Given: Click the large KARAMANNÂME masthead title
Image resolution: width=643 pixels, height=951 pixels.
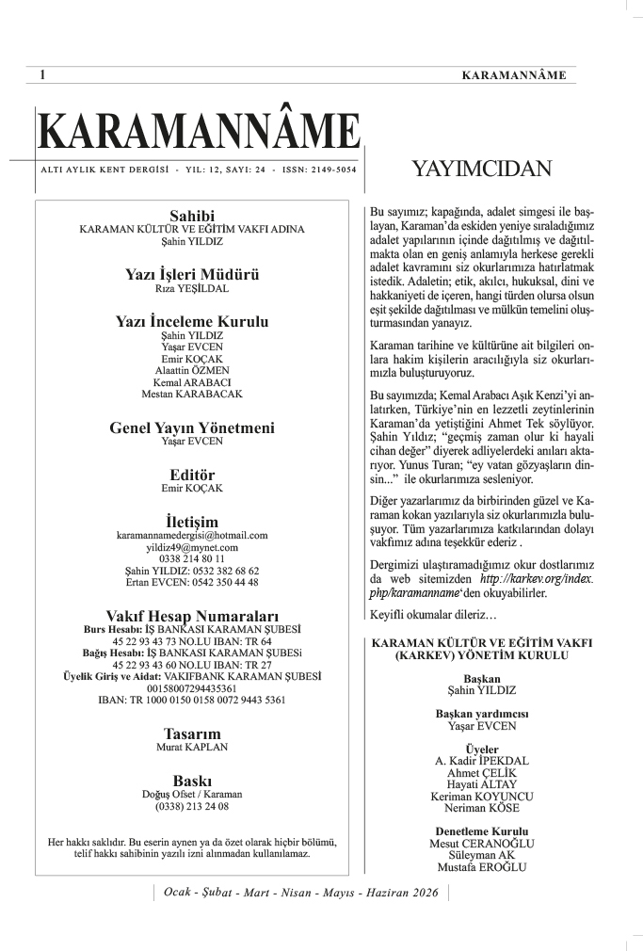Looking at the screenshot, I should tap(199, 134).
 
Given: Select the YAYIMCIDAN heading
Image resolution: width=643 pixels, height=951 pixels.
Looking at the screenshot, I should tap(481, 169).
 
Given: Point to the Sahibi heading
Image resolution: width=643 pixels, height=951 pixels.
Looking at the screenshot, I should tap(192, 216).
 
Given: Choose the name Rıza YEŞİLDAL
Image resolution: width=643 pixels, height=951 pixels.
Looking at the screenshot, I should tap(192, 289).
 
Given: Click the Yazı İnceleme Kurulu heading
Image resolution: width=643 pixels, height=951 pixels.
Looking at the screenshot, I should tap(192, 322).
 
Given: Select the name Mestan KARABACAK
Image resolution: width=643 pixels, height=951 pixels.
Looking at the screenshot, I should tap(192, 394).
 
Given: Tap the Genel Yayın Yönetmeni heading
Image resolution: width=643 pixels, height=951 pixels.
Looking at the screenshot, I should tap(192, 427).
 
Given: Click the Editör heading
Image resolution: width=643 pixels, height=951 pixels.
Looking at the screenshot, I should tap(192, 475).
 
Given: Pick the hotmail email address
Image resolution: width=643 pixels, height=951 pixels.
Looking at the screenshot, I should tap(192, 535).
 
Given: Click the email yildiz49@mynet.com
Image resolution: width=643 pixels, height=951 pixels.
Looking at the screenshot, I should tap(192, 547).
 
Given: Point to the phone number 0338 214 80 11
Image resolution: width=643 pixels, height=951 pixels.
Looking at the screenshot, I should tap(192, 558).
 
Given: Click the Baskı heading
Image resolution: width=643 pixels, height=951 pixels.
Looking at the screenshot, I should tap(192, 781).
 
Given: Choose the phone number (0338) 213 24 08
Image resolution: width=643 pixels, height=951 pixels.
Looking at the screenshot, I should tap(192, 807).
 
